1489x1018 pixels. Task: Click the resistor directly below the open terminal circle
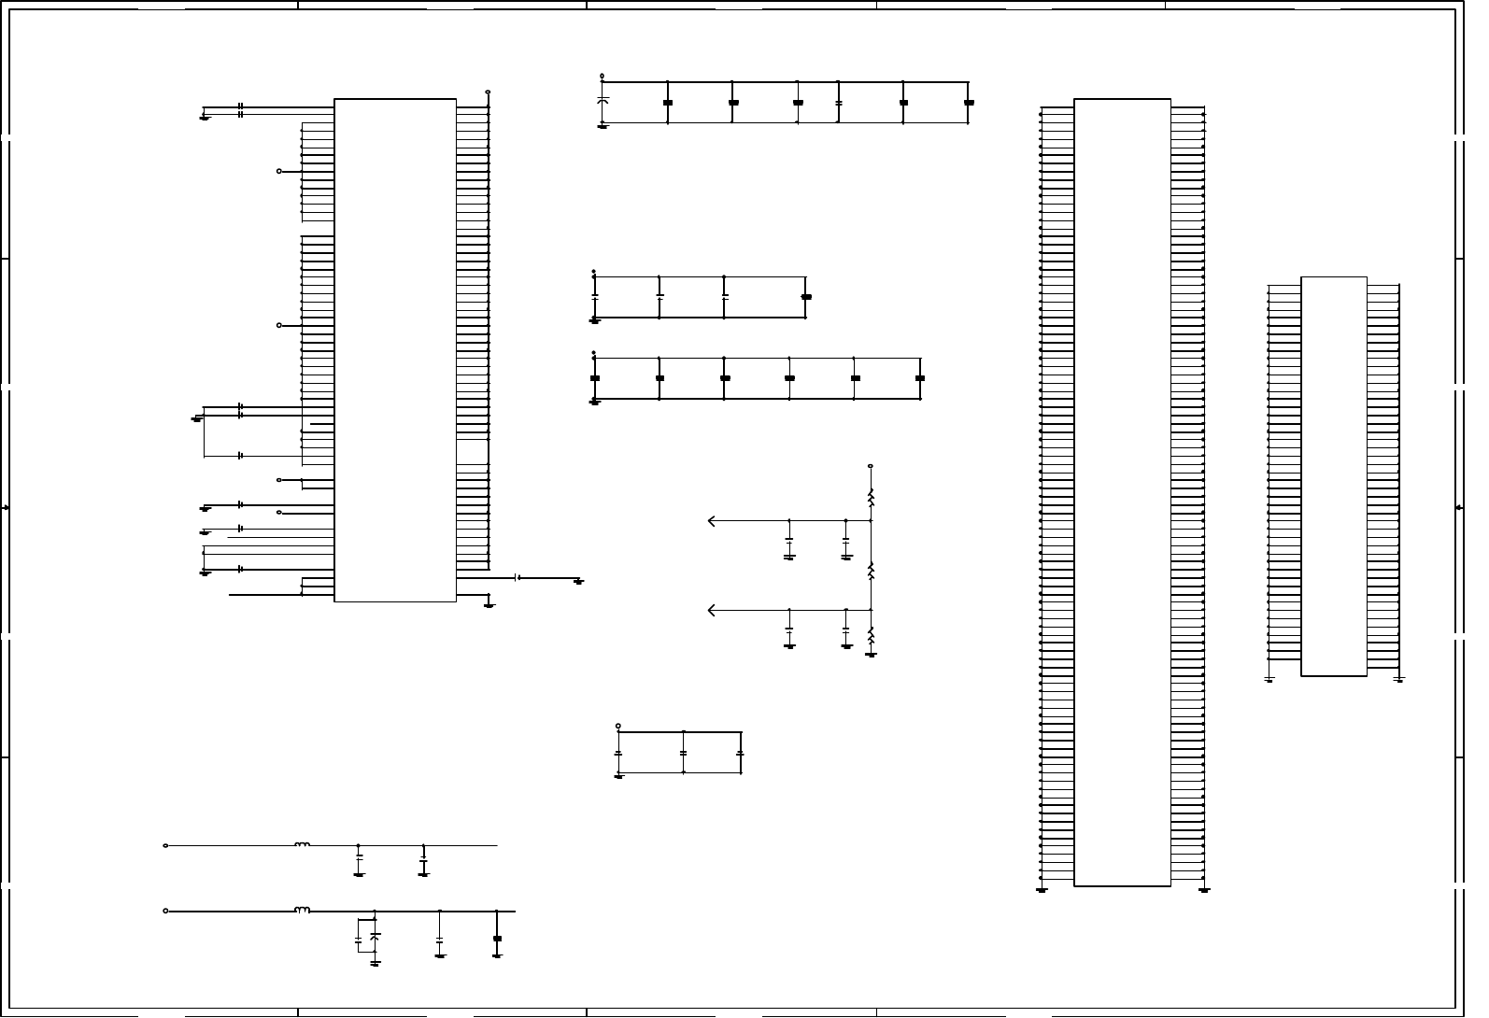[871, 499]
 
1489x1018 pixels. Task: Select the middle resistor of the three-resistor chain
[871, 571]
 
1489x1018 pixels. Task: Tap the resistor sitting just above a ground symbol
[871, 636]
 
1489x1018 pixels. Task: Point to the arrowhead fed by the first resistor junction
[712, 521]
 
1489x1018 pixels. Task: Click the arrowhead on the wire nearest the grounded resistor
[712, 611]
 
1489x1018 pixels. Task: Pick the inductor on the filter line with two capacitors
[302, 845]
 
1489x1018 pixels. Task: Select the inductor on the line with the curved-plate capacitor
[302, 910]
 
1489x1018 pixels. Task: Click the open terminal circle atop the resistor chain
[871, 465]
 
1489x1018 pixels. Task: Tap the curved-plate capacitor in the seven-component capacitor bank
[603, 100]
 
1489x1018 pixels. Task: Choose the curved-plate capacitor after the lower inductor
[375, 934]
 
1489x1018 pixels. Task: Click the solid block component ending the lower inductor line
[497, 938]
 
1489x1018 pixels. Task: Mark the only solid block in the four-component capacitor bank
[807, 297]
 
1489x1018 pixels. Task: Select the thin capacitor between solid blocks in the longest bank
[839, 101]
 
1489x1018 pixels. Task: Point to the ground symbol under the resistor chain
[871, 655]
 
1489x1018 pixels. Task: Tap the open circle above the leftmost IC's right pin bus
[489, 92]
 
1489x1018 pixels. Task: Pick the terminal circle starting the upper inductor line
[166, 845]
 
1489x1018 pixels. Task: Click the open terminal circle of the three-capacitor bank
[618, 726]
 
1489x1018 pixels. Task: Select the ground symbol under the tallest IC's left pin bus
[1042, 890]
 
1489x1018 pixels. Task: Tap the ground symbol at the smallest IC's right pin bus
[1398, 679]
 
